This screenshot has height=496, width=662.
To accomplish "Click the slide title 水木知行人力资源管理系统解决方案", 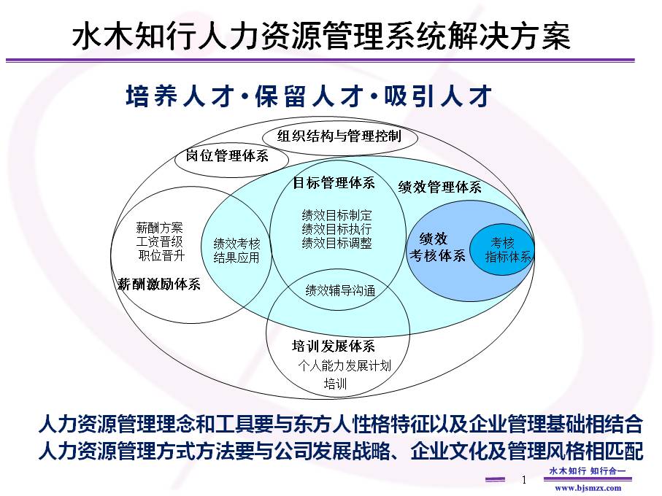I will [x=321, y=37].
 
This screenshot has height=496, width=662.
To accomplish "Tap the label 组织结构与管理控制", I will [x=339, y=136].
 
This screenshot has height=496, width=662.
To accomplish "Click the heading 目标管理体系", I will [x=334, y=183].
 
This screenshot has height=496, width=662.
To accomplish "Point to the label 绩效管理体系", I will [x=439, y=187].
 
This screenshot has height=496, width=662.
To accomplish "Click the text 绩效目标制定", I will [x=336, y=215].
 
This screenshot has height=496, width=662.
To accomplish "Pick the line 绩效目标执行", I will [x=336, y=229].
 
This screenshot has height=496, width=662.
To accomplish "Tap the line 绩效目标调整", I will [x=336, y=243].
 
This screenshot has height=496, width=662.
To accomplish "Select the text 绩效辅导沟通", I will [x=340, y=290].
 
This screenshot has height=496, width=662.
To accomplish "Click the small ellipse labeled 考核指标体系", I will [x=502, y=249].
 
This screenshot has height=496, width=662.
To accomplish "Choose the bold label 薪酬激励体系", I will [x=159, y=284].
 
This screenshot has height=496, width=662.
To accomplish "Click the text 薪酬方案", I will [x=160, y=228].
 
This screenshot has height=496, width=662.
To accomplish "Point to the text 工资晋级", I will [x=160, y=241].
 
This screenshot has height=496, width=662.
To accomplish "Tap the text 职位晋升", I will [x=161, y=255].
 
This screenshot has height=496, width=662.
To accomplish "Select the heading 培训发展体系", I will [x=334, y=346].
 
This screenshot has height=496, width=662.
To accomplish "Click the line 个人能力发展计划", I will [x=345, y=365].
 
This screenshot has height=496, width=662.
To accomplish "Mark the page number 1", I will [x=523, y=480].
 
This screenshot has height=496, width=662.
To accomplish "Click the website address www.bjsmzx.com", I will [x=588, y=488].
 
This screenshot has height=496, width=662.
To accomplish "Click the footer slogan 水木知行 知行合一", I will [x=587, y=470].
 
